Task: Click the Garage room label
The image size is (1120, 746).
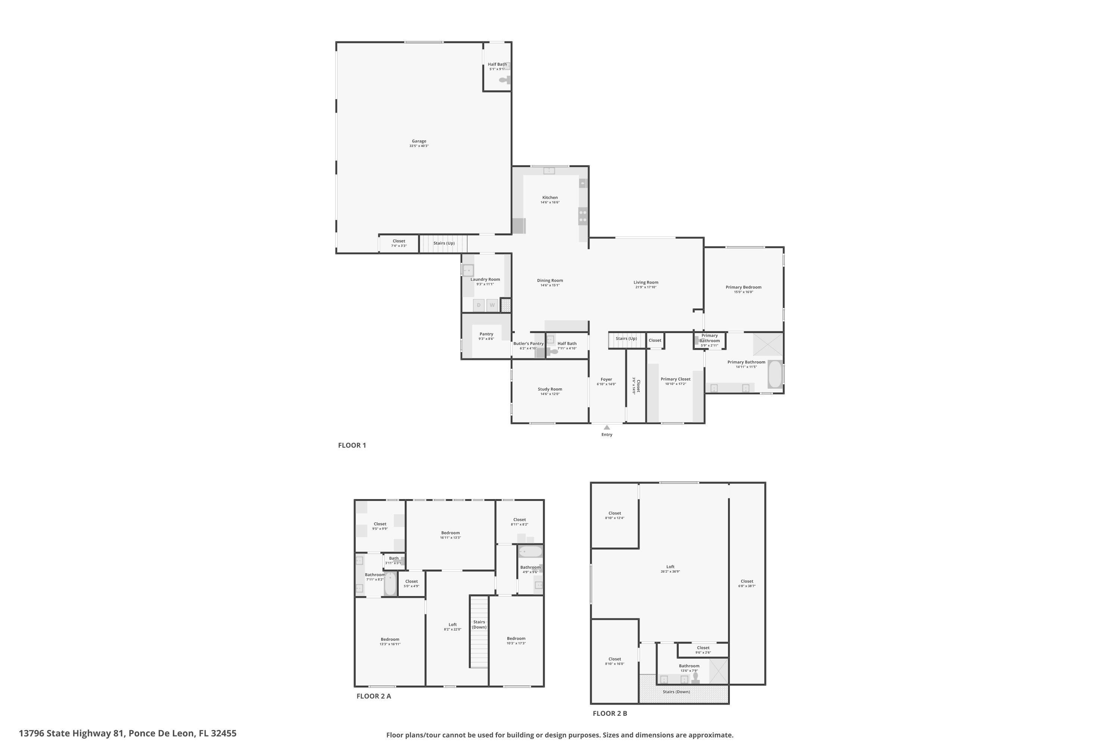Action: tap(419, 141)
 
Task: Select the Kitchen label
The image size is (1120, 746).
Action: tap(550, 197)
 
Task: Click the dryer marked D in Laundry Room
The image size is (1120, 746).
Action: tap(479, 305)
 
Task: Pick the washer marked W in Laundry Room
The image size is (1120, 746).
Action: tap(492, 305)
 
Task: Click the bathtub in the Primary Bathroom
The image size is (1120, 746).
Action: tap(775, 374)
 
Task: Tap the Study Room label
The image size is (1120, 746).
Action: tap(550, 389)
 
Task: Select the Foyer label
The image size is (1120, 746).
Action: tap(606, 380)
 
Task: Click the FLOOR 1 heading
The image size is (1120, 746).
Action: tap(352, 445)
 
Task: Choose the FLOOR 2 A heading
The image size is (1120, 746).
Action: tap(373, 696)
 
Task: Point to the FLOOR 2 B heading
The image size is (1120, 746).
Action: tap(610, 713)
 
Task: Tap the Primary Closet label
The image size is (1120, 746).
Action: tap(675, 379)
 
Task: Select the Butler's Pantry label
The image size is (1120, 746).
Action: tap(528, 344)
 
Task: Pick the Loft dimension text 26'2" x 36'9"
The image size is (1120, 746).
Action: tap(670, 571)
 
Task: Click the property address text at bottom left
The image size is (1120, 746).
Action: tap(128, 733)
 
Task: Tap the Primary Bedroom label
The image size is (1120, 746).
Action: tap(743, 287)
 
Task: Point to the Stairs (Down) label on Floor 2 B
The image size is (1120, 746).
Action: tap(676, 692)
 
